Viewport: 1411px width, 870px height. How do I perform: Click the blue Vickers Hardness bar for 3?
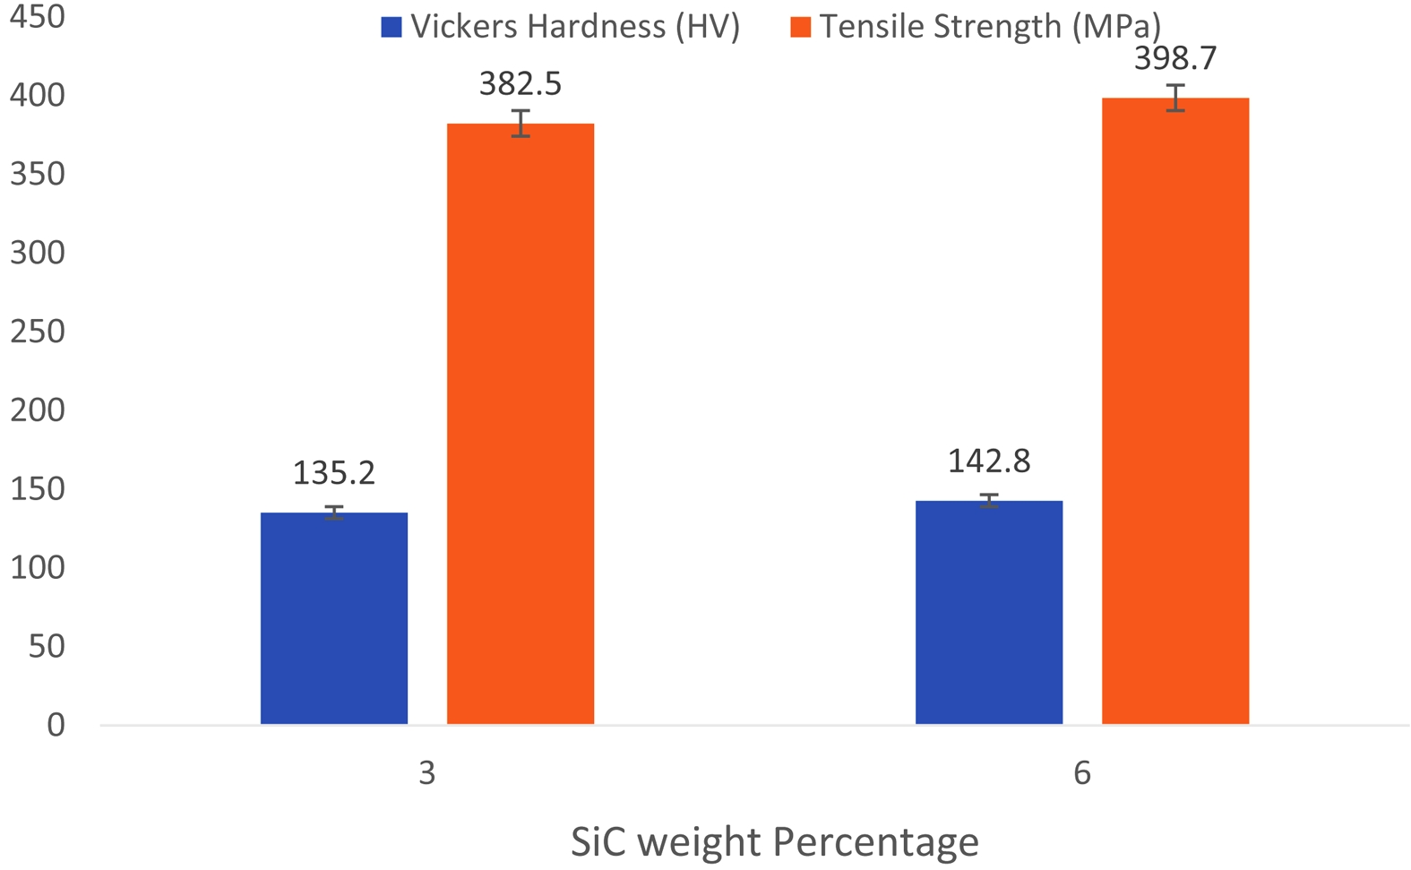coord(334,618)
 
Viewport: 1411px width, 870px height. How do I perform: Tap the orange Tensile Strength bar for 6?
coord(1175,411)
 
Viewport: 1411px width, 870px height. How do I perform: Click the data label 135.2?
coord(334,472)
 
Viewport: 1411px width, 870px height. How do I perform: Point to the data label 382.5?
coord(521,83)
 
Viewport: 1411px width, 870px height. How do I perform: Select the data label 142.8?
coord(989,461)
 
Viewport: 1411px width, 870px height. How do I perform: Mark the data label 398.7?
coord(1175,58)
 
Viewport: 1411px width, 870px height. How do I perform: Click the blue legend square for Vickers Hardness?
coord(391,27)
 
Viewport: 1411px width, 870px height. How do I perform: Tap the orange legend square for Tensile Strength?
coord(800,27)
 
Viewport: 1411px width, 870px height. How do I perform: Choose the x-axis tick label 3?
coord(427,772)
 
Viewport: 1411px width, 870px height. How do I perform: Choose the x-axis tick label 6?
coord(1082,772)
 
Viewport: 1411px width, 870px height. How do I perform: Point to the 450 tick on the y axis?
coord(37,16)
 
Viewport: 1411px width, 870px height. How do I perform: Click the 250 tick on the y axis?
coord(37,331)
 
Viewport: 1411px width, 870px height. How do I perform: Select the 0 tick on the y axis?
coord(56,724)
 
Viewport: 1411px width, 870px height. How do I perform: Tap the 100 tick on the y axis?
coord(37,567)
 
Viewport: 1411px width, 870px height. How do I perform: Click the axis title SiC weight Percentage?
coord(775,842)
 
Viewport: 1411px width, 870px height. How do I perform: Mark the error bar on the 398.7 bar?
coord(1175,98)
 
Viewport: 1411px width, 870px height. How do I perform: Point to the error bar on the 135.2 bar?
coord(334,513)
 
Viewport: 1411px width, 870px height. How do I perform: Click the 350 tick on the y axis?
coord(37,174)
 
